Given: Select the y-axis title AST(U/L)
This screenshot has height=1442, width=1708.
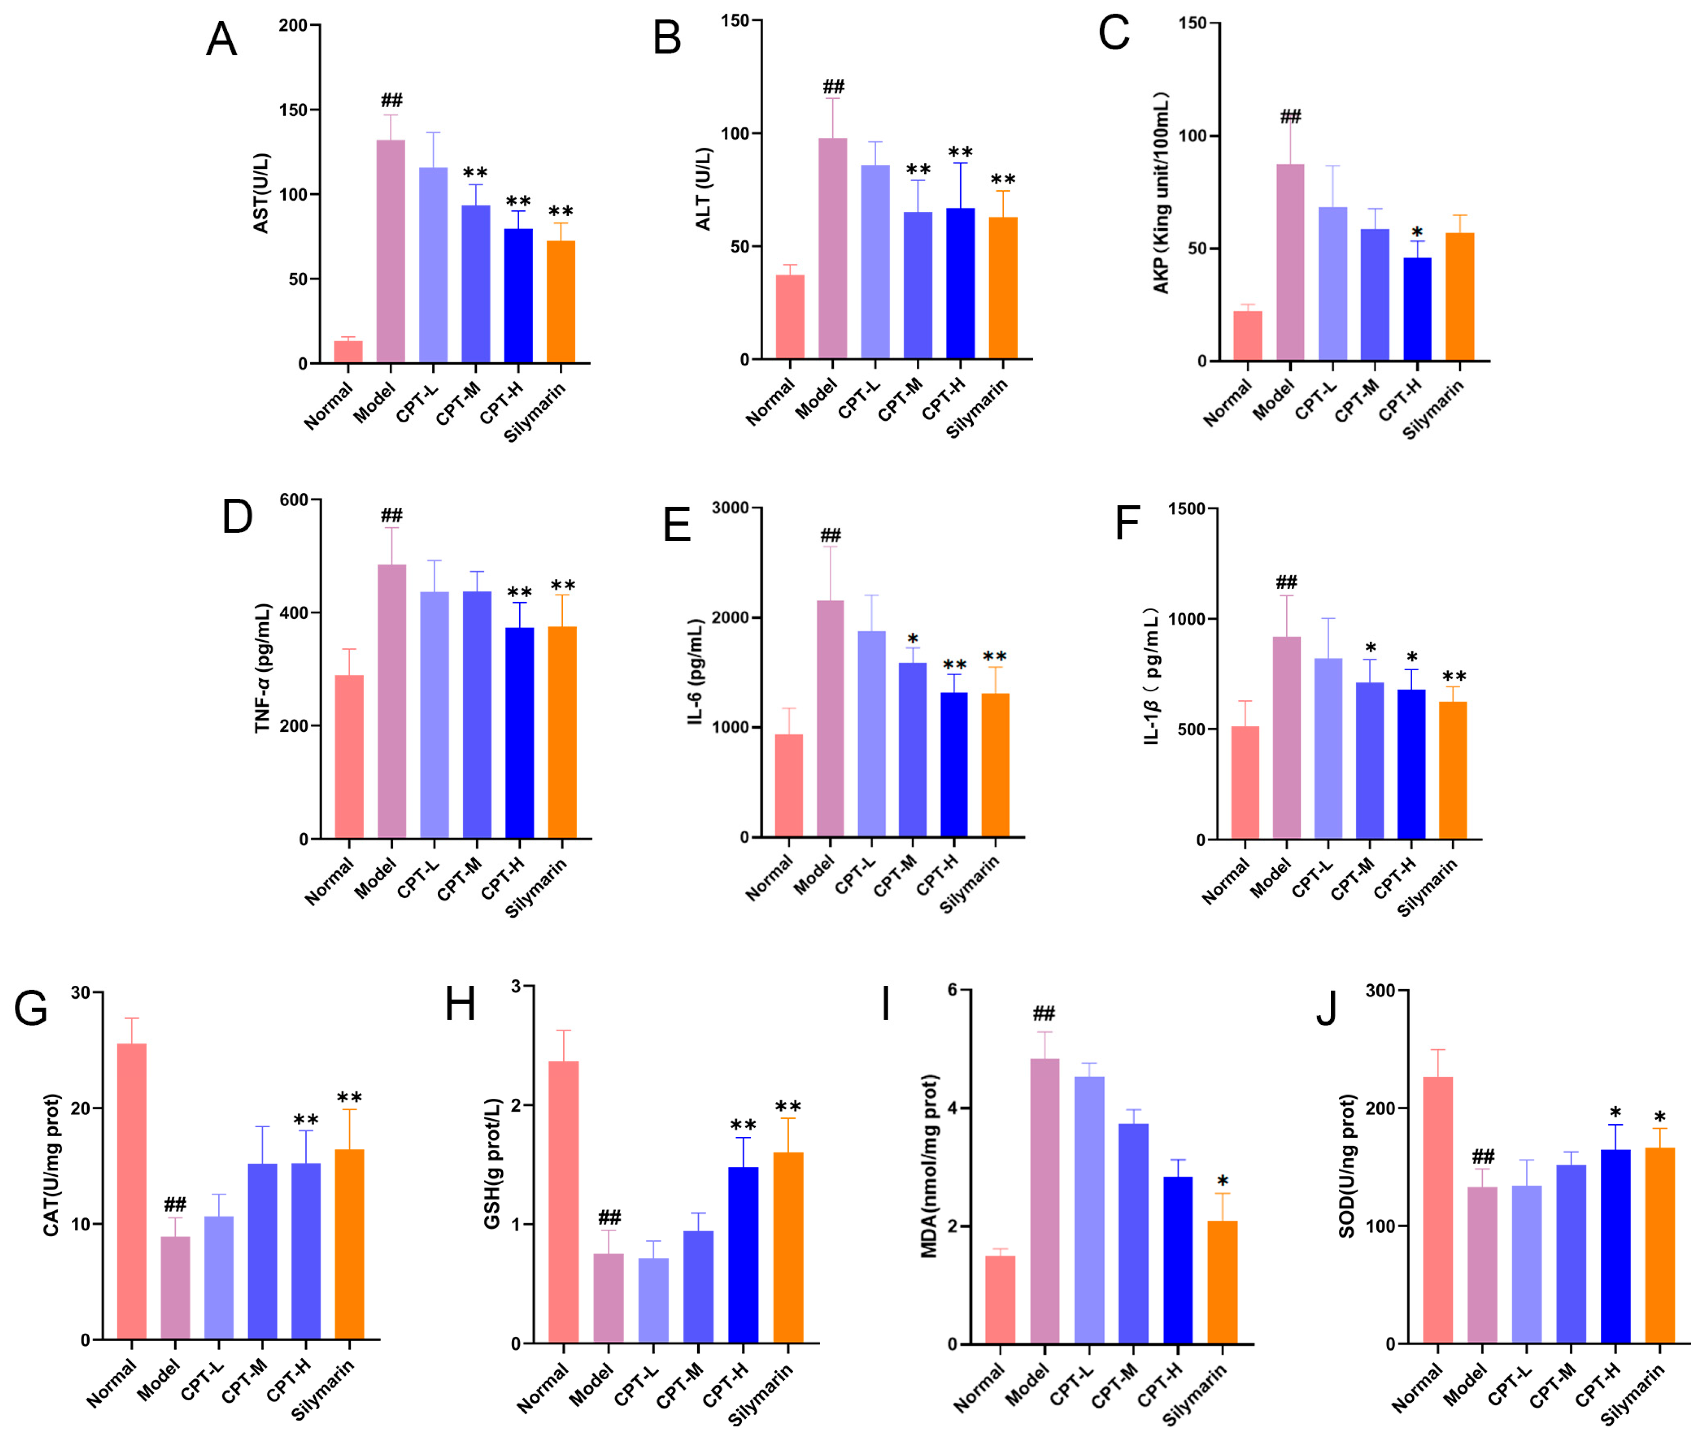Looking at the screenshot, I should point(261,193).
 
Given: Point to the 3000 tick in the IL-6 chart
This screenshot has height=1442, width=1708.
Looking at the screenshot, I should point(730,508).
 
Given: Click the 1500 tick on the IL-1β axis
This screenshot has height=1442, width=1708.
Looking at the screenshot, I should point(1186,509).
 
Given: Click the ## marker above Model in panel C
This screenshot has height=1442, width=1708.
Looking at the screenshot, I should point(1290,116).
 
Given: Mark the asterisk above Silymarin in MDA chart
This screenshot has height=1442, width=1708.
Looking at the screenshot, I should point(1222,1181).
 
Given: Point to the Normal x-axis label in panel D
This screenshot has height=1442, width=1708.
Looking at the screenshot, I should point(329,881).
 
